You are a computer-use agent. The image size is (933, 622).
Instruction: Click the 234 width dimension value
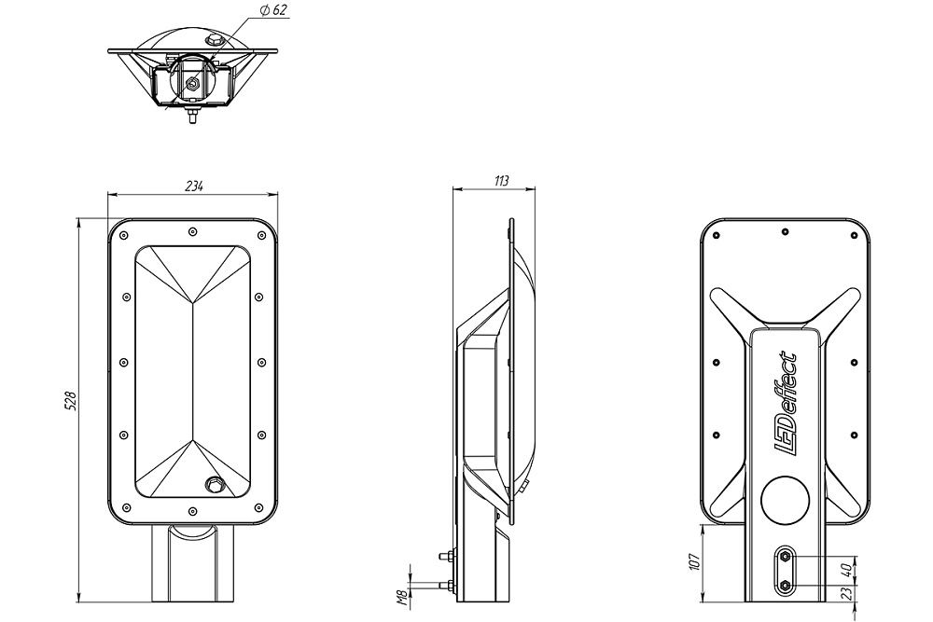(194, 186)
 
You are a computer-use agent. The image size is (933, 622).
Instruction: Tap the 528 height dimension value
(70, 401)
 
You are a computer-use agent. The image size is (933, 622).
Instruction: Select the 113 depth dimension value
(502, 181)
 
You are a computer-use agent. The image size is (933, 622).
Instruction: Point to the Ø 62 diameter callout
(273, 10)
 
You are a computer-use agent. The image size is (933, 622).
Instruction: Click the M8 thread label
(402, 595)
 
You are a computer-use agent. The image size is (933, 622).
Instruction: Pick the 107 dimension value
(694, 562)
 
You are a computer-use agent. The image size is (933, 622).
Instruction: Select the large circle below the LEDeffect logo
(785, 501)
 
